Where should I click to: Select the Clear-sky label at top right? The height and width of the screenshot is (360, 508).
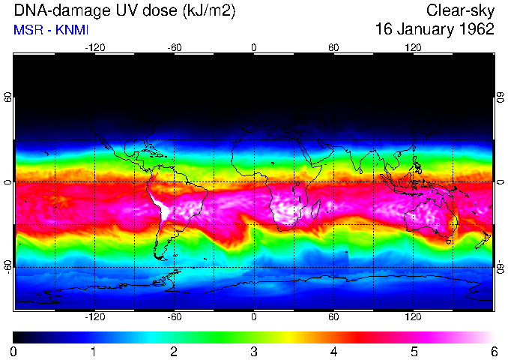point(460,10)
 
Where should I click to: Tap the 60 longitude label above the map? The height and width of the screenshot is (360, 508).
point(333,47)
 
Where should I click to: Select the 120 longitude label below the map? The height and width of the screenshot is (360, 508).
point(413,317)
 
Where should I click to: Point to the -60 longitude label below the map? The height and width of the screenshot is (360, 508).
point(174,317)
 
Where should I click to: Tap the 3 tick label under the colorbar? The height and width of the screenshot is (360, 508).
point(253,351)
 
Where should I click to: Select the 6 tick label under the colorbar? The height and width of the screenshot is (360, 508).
point(493,351)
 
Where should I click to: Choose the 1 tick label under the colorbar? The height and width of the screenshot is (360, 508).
point(93,351)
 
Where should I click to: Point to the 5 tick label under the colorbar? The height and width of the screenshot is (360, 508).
point(413,351)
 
